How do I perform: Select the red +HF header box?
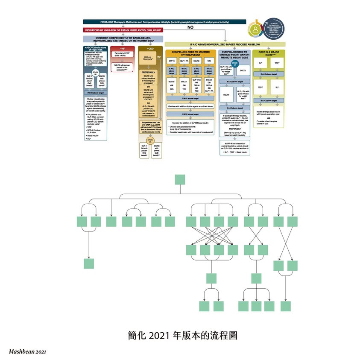click(x=123, y=49)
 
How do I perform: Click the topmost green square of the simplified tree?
click(x=180, y=179)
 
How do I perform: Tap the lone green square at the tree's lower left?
click(x=89, y=263)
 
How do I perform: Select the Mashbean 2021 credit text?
click(x=27, y=352)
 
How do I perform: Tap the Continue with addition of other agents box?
click(x=190, y=106)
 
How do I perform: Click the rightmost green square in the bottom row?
click(x=286, y=306)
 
